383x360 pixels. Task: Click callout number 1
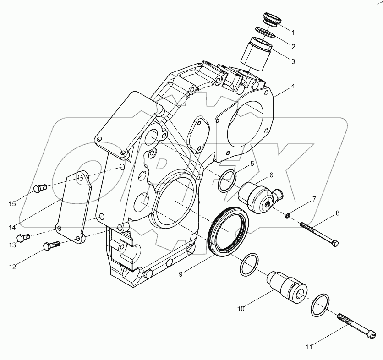[x=293, y=33]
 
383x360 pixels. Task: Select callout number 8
[x=338, y=213]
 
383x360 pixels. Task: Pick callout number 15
[x=12, y=203]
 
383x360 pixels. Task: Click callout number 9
[x=181, y=274]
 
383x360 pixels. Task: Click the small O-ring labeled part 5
[x=227, y=181]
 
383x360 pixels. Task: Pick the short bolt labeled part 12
[x=50, y=245]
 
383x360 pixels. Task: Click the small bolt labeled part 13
[x=22, y=237]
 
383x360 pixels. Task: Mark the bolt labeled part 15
[x=40, y=187]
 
